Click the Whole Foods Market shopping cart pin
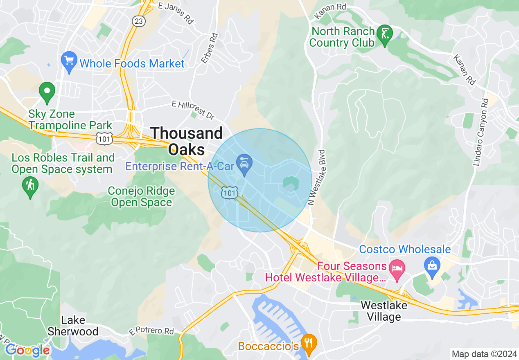[x=69, y=61]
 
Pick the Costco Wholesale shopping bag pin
[x=432, y=265]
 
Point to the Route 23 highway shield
[x=138, y=21]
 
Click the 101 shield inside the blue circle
[x=229, y=193]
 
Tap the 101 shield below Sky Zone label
[x=104, y=138]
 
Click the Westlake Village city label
[x=384, y=311]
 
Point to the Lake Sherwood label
[x=73, y=326]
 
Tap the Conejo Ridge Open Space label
[x=141, y=196]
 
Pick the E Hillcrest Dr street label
[x=193, y=110]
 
